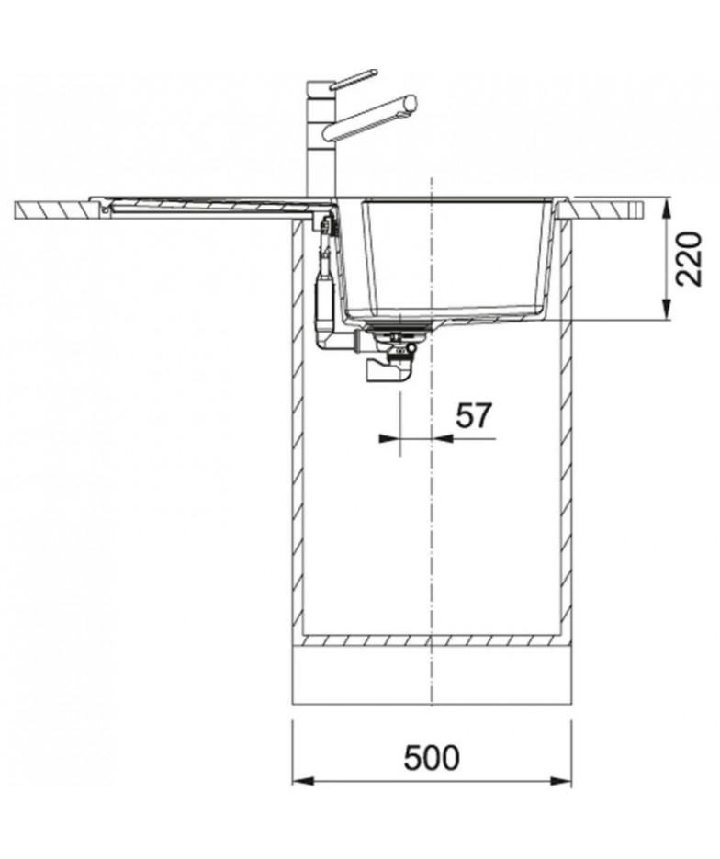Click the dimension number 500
pyautogui.click(x=432, y=758)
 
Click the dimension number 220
pyautogui.click(x=688, y=259)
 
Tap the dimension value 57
pyautogui.click(x=474, y=416)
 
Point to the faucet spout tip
pyautogui.click(x=411, y=103)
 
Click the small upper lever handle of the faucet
pyautogui.click(x=354, y=78)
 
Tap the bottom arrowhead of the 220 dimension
pyautogui.click(x=667, y=309)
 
